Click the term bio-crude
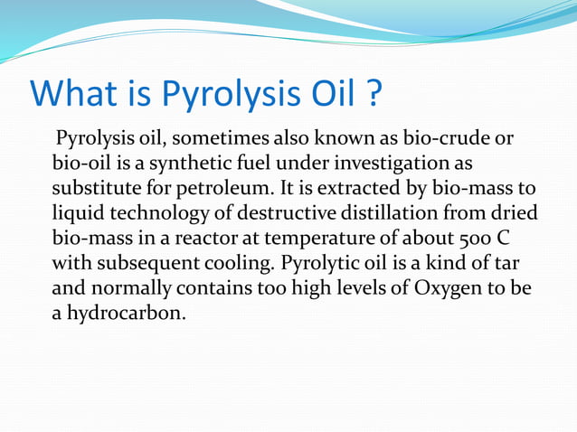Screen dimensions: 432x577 [449, 139]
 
